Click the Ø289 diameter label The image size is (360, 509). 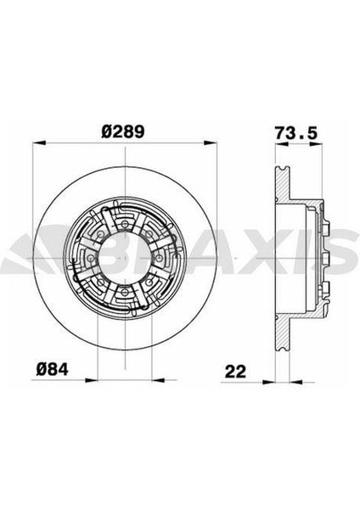123,131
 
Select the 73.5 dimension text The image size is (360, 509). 295,133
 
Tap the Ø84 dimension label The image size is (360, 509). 53,369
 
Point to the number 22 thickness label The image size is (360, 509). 235,372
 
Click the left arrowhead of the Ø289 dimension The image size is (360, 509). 39,143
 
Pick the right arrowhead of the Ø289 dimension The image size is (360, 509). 211,143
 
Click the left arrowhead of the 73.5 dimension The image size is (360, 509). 281,144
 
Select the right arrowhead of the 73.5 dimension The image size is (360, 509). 317,144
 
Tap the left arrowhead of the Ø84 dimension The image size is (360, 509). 92,380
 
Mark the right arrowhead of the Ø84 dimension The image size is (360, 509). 158,380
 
